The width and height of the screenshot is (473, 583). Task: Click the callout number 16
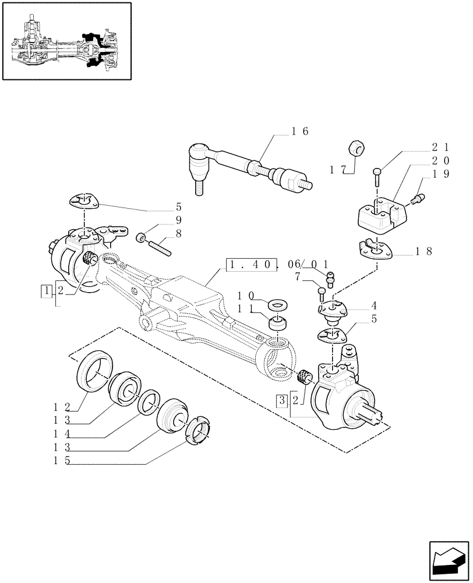pyautogui.click(x=301, y=131)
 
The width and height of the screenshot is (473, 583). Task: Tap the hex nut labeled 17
pyautogui.click(x=356, y=150)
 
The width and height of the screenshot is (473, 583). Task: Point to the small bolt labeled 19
pyautogui.click(x=418, y=200)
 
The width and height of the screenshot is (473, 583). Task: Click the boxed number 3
pyautogui.click(x=282, y=401)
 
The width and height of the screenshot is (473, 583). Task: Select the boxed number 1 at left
pyautogui.click(x=45, y=290)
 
